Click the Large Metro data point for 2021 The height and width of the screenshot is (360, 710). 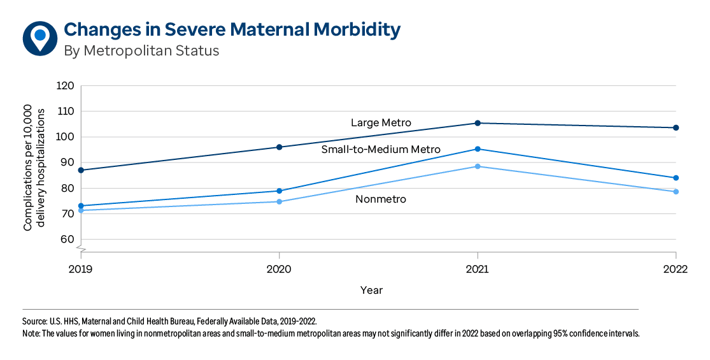click(478, 123)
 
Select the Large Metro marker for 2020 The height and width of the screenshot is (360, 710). click(279, 147)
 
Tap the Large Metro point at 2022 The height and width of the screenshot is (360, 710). click(676, 127)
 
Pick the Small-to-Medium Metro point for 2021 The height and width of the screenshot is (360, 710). click(478, 149)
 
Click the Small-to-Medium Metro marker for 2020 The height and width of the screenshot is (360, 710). click(279, 191)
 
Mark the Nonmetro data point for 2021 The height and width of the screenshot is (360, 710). click(478, 166)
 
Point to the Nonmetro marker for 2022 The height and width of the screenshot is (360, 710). click(676, 192)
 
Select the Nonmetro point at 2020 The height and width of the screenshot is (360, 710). click(279, 201)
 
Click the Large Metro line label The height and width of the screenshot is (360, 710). click(381, 122)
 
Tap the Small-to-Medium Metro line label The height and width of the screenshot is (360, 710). click(381, 149)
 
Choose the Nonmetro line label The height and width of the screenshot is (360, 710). click(381, 199)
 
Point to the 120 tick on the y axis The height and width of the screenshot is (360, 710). click(66, 86)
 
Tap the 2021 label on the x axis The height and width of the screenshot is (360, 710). click(478, 269)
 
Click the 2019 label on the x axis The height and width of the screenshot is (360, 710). click(81, 269)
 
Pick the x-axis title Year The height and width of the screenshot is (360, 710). click(371, 291)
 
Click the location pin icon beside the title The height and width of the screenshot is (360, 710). click(40, 38)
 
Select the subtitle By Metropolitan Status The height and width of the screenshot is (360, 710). click(141, 51)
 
